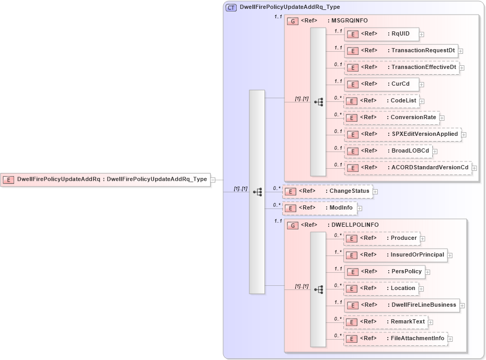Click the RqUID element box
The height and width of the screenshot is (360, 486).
tap(381, 34)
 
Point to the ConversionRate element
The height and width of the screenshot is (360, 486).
tap(391, 118)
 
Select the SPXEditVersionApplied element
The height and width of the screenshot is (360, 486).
tap(402, 134)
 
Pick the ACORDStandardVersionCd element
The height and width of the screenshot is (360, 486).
tap(408, 168)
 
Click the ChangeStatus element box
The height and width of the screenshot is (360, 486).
tap(327, 191)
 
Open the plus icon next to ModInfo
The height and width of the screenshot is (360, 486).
tap(360, 208)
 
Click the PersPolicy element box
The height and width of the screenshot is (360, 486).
tap(384, 272)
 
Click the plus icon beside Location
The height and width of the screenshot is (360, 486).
tap(421, 288)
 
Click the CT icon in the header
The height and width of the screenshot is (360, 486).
tap(230, 7)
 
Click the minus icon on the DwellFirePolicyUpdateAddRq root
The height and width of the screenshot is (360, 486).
tap(213, 179)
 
